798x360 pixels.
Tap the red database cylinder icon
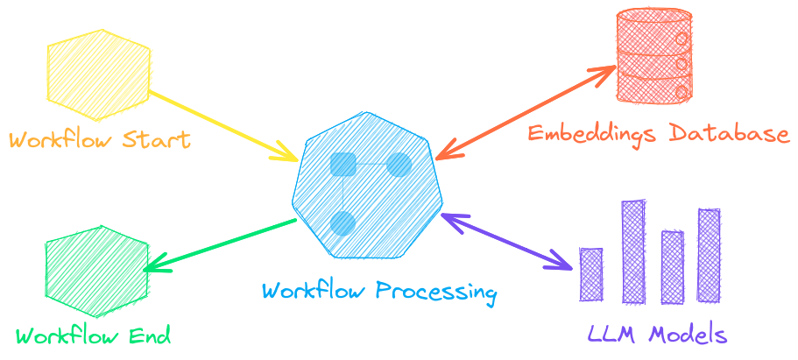[653, 54]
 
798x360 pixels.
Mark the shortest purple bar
[592, 274]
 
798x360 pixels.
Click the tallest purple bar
[633, 251]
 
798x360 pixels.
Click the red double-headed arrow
[526, 109]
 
